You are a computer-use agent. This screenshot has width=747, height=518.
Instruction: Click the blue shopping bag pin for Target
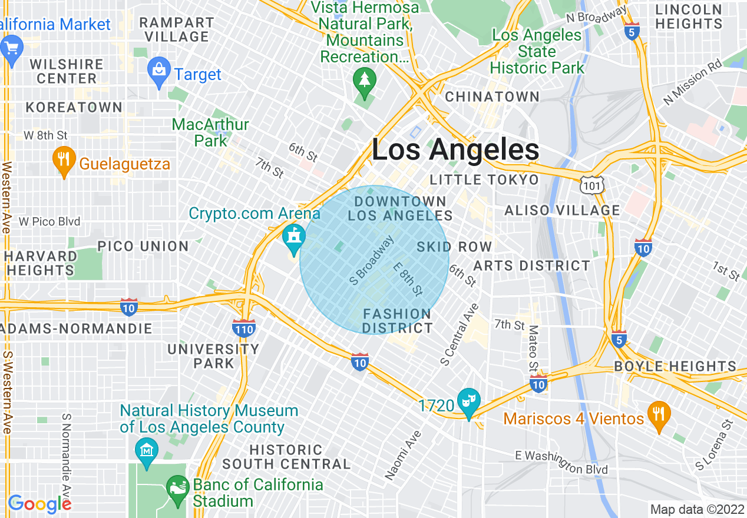tap(158, 72)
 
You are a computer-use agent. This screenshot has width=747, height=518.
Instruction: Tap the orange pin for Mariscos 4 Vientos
tap(656, 414)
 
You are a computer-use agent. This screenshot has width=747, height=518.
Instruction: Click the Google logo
tap(39, 504)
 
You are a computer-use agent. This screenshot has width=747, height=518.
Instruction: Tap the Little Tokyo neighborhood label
tap(484, 180)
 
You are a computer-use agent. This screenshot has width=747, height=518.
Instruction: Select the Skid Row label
tap(454, 247)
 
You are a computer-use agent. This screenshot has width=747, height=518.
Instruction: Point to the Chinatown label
tap(492, 97)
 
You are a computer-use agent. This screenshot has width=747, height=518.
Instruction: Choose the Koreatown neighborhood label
tap(74, 107)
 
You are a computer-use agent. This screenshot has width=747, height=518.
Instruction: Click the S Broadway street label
tap(371, 261)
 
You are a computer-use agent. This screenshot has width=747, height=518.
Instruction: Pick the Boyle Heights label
tap(675, 366)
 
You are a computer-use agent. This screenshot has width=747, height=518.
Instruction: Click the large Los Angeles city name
tap(455, 150)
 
